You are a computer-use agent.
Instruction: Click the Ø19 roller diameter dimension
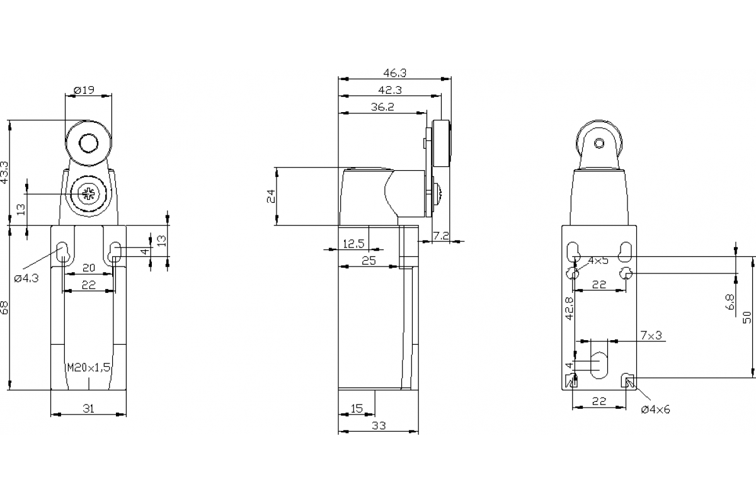[x=84, y=90]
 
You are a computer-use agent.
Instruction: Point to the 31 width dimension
[x=88, y=408]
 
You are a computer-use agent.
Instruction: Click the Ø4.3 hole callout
[x=26, y=277]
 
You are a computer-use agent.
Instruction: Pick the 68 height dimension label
[x=5, y=307]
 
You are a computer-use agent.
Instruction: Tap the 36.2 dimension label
[x=382, y=107]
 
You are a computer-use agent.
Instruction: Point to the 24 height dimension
[x=271, y=196]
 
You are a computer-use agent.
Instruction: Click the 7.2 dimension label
[x=442, y=236]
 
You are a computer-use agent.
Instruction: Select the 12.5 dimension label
[x=353, y=244]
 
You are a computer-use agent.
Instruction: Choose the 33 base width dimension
[x=377, y=426]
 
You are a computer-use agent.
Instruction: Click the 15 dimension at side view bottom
[x=357, y=409]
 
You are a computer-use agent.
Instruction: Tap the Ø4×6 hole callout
[x=655, y=409]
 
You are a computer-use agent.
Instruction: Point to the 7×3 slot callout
[x=651, y=335]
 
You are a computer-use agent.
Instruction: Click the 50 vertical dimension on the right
[x=748, y=318]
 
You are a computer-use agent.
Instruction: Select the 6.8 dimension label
[x=730, y=303]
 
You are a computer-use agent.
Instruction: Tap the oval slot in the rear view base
[x=598, y=365]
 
